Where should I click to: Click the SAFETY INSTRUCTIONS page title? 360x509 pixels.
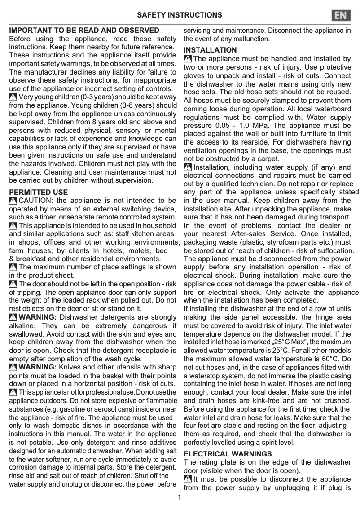tap(180, 15)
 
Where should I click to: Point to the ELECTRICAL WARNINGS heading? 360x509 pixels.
tap(228, 454)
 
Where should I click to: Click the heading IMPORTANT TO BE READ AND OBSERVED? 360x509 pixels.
tap(84, 31)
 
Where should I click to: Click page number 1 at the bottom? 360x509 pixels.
tap(180, 497)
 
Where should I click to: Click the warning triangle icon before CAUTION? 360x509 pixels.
tap(13, 201)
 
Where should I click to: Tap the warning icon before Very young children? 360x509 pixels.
tap(13, 97)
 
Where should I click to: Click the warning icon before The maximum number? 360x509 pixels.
tap(13, 267)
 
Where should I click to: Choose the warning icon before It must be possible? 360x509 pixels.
tap(188, 479)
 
